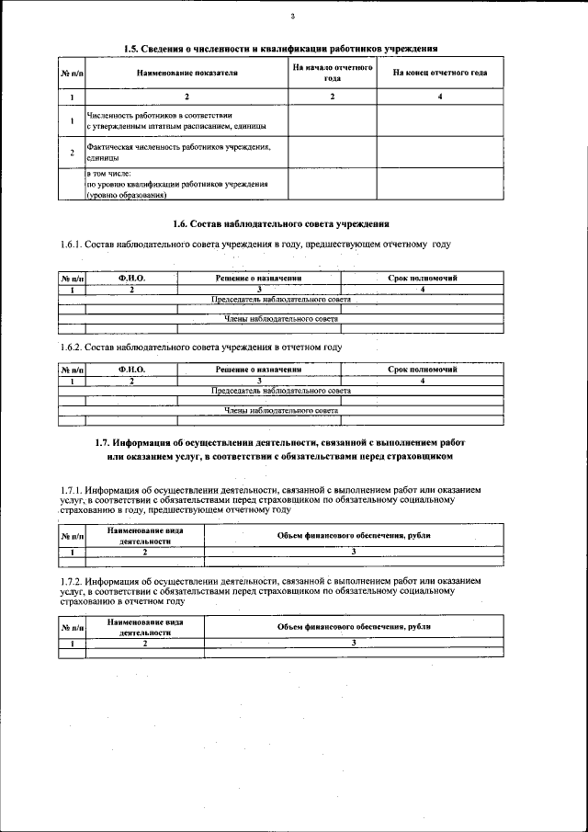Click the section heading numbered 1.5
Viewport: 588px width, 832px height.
point(280,48)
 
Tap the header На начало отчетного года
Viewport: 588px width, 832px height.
point(332,73)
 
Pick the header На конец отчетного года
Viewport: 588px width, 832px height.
point(440,73)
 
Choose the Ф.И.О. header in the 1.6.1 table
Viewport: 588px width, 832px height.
point(131,277)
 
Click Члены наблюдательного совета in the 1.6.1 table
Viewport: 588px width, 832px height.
point(281,317)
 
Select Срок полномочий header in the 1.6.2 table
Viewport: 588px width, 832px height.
point(422,369)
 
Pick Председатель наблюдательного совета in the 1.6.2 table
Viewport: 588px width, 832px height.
point(281,390)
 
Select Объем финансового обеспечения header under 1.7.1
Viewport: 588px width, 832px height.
point(354,535)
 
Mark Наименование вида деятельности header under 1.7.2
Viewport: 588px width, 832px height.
point(144,628)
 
